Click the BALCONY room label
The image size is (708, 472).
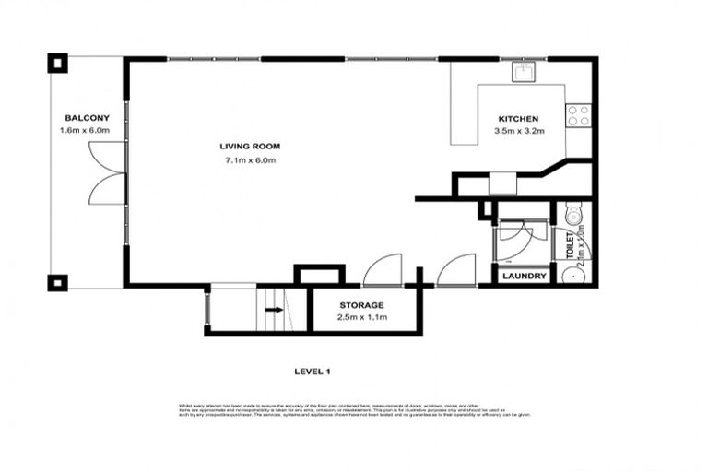click(x=88, y=118)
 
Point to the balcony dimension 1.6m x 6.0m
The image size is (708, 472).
click(x=88, y=132)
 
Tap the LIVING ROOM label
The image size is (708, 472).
click(x=250, y=147)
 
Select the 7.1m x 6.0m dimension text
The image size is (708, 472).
click(x=250, y=160)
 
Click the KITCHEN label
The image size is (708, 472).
click(x=518, y=119)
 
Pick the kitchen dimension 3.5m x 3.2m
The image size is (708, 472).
click(x=518, y=132)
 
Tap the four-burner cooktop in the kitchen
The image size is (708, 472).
click(x=578, y=115)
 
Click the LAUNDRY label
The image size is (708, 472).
click(x=525, y=277)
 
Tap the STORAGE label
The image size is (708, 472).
click(x=361, y=304)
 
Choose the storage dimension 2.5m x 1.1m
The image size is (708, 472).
click(x=361, y=317)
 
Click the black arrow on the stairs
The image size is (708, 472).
click(x=274, y=310)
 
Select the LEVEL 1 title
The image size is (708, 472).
click(x=312, y=372)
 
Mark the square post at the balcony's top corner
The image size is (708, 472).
click(x=57, y=64)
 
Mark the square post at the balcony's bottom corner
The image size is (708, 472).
click(x=57, y=282)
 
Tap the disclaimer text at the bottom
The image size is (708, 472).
click(x=353, y=409)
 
